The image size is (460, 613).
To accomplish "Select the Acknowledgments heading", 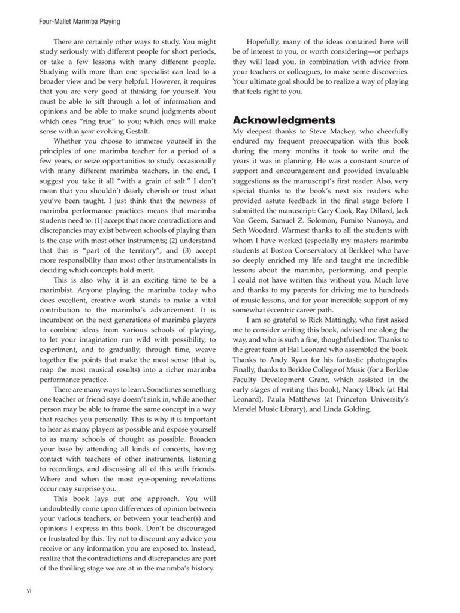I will pyautogui.click(x=284, y=120).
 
